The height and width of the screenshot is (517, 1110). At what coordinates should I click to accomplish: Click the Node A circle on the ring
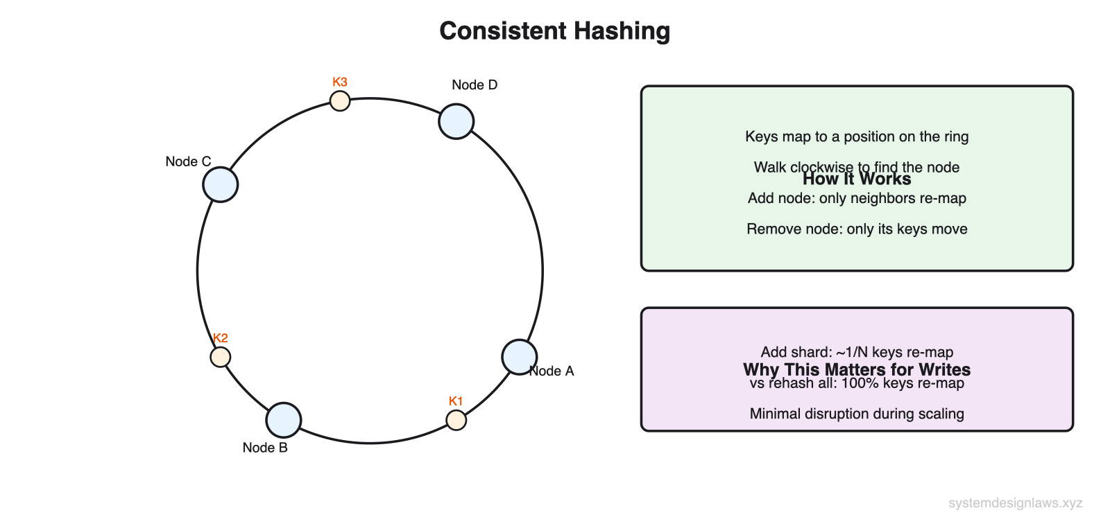coord(519,357)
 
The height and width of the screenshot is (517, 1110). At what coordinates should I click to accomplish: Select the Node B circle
coord(283,420)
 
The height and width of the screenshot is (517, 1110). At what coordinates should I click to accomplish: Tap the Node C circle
coord(221,184)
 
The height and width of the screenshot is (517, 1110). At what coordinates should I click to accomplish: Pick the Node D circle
coord(456,121)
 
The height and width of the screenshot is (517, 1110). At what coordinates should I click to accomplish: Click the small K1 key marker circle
coord(456,420)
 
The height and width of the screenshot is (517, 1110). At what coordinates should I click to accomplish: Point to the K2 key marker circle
coord(221,357)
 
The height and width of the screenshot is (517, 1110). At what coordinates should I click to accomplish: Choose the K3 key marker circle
coord(339,101)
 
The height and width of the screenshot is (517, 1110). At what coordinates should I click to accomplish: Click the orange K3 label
coord(339,82)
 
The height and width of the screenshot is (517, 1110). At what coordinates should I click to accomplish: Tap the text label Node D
coord(475,85)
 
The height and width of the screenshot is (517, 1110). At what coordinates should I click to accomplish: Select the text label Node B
coord(265,448)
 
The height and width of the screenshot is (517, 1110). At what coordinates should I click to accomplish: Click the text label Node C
coord(188,161)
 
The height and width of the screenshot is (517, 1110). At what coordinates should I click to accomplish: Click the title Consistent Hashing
coord(555,31)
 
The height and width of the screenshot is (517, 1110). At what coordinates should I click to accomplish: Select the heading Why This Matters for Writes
coord(857,369)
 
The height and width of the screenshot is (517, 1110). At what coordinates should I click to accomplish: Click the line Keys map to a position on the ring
coord(857,137)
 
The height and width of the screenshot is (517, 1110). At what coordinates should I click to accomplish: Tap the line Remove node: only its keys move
coord(857,229)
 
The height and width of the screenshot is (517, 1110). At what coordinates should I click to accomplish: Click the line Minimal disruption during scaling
coord(857,414)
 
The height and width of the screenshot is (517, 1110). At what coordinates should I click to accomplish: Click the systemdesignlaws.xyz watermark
coord(1015,503)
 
